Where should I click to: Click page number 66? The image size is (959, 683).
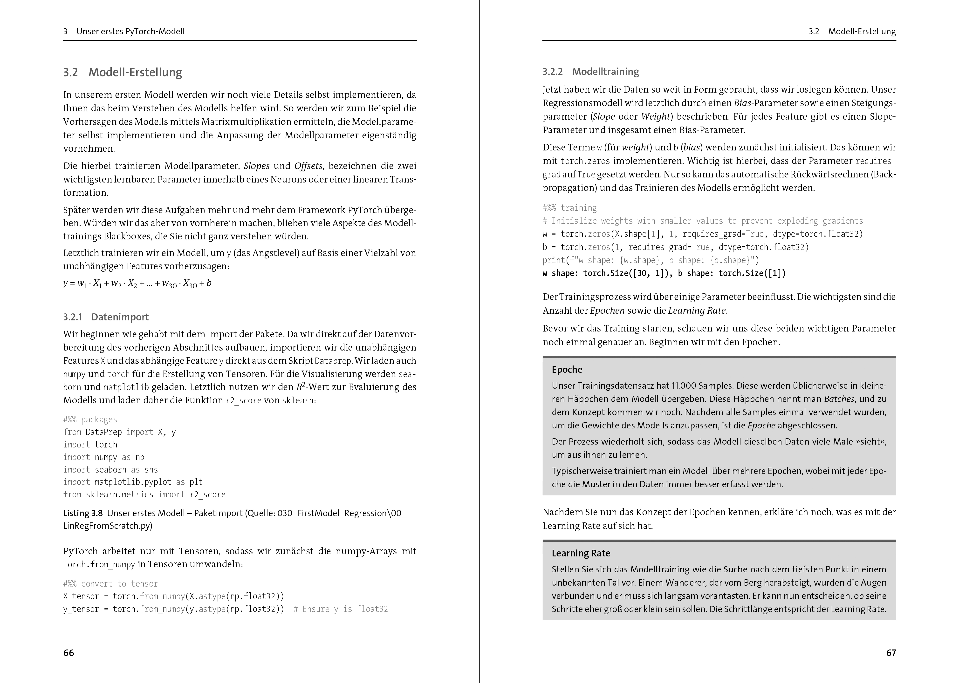pos(68,652)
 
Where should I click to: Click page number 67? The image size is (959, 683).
pos(891,652)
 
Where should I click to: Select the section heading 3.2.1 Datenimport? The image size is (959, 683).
pos(106,317)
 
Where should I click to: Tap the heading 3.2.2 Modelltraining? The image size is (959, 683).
pos(590,72)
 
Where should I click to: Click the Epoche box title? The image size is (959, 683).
pos(567,369)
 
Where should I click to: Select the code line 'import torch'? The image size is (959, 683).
pos(90,445)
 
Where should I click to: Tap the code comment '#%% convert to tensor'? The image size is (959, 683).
pos(110,583)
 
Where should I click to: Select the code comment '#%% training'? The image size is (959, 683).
pos(569,208)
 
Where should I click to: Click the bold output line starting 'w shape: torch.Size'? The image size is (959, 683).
pos(664,273)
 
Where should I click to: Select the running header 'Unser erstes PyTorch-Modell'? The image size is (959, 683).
pos(130,32)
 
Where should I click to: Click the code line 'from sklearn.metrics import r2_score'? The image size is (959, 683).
pos(144,494)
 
